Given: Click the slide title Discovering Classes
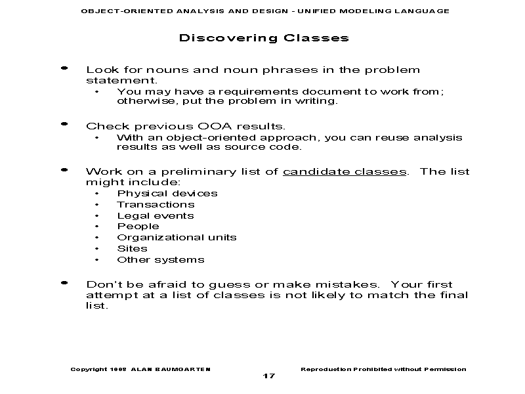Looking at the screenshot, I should (x=263, y=38).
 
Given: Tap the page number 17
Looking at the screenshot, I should (x=269, y=376).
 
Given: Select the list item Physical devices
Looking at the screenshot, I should (x=167, y=194).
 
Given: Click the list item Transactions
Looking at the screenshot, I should (x=156, y=205).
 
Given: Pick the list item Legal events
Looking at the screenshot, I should (x=156, y=216).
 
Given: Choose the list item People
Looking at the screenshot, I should (x=138, y=227).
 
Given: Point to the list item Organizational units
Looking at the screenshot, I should (x=177, y=238).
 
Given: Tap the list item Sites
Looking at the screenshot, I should (x=132, y=249).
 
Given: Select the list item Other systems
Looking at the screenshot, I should (x=160, y=260).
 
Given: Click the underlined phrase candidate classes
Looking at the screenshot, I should (x=345, y=172).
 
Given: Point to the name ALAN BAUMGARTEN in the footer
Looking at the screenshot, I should (x=171, y=369).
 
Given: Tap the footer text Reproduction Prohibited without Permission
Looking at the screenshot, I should (x=383, y=369).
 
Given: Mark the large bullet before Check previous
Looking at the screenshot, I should (x=64, y=123).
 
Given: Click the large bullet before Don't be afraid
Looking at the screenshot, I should (x=64, y=282).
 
